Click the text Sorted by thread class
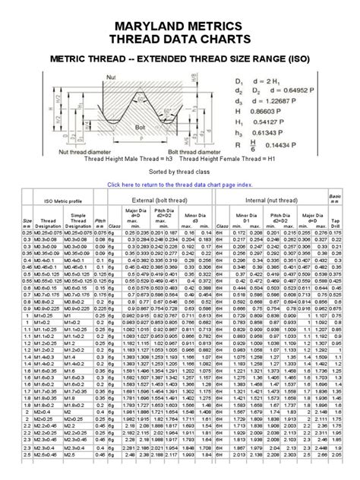[179, 172]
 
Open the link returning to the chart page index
[179, 184]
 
